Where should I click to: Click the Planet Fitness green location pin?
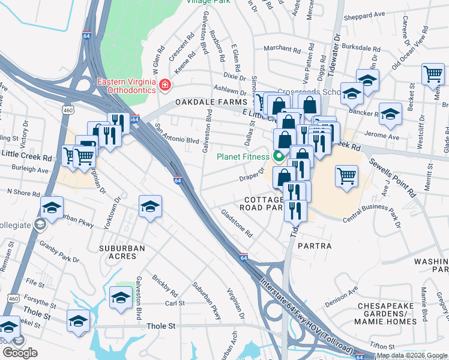click(278, 158)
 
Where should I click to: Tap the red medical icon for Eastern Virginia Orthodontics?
click(163, 87)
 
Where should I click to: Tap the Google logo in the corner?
click(20, 353)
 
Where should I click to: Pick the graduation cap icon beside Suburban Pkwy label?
click(52, 208)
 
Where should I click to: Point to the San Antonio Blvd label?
click(176, 134)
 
